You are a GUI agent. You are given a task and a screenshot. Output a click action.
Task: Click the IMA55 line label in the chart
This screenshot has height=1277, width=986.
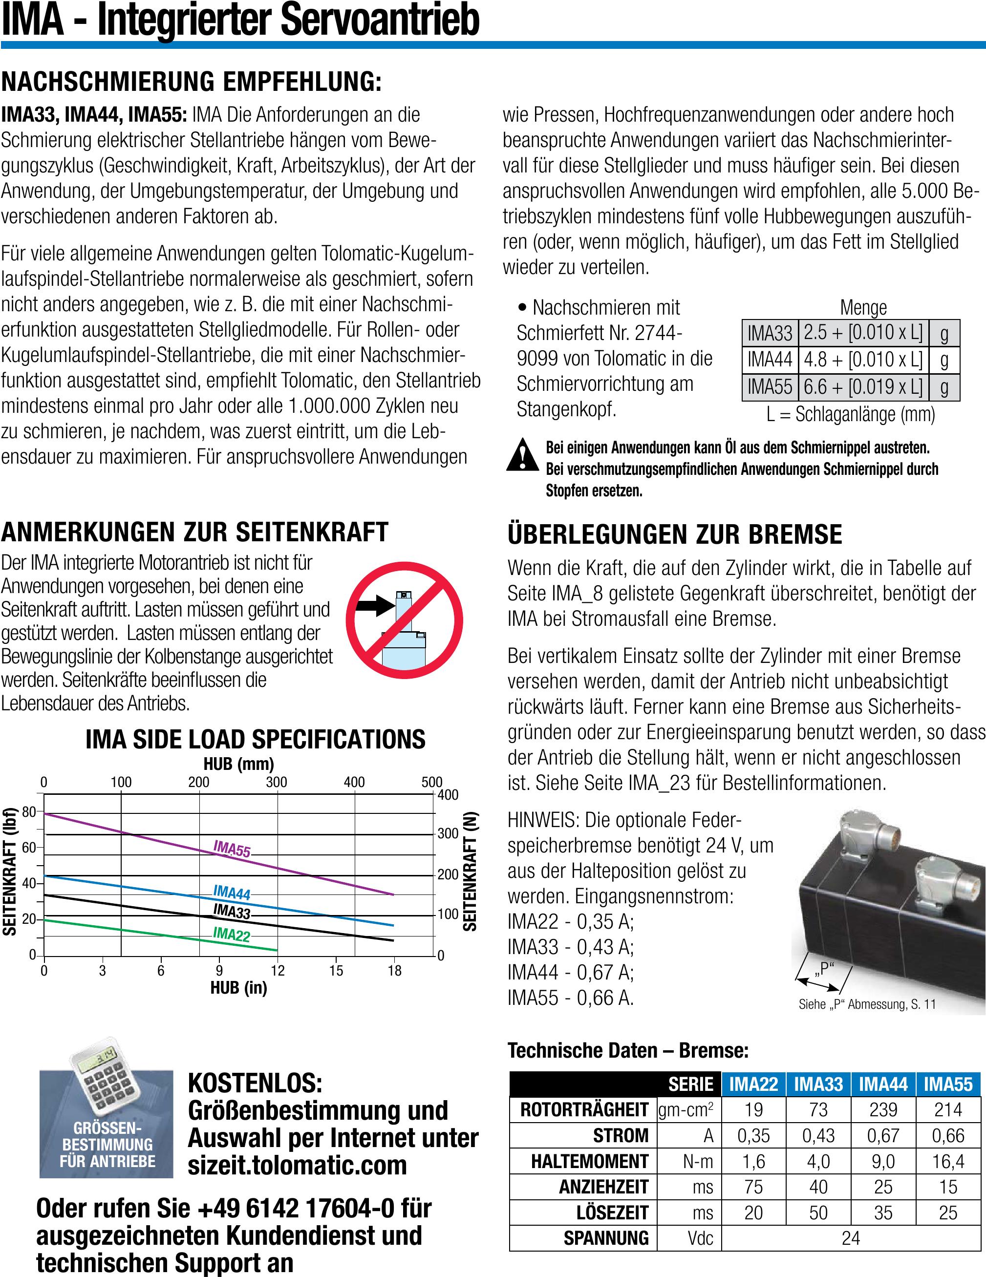[x=232, y=849]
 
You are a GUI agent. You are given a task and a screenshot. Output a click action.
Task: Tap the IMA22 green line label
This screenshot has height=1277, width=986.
[x=232, y=934]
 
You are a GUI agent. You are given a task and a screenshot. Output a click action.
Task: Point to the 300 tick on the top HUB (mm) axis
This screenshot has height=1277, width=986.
[x=277, y=782]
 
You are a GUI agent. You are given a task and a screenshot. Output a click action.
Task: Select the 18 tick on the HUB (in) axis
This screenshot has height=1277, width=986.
[x=395, y=971]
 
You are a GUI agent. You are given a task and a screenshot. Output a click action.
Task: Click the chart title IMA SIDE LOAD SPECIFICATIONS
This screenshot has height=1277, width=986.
[x=256, y=740]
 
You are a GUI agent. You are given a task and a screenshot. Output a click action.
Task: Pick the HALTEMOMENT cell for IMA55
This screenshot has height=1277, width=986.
[x=948, y=1161]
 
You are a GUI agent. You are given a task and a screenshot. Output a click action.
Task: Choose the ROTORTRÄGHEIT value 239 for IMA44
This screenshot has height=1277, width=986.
[x=883, y=1110]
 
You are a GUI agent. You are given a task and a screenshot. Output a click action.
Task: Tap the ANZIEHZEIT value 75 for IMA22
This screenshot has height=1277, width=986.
[x=753, y=1187]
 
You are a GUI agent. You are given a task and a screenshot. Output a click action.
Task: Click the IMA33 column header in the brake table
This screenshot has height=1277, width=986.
[x=818, y=1085]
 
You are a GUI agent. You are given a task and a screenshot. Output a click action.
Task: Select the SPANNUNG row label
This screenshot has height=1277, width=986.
[x=606, y=1238]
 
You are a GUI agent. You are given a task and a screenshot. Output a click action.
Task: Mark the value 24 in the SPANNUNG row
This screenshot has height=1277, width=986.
[x=851, y=1238]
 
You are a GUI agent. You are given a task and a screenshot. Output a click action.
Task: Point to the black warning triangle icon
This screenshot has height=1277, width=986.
[x=522, y=454]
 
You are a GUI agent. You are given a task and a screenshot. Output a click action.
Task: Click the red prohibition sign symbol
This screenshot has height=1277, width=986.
[x=404, y=620]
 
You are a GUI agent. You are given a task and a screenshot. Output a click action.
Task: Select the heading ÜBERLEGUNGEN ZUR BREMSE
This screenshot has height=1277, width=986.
[x=675, y=534]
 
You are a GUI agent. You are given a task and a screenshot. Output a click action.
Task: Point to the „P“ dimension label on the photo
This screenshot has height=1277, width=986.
[x=823, y=969]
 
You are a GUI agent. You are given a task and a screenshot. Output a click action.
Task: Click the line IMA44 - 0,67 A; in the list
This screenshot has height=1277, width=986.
[x=570, y=972]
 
